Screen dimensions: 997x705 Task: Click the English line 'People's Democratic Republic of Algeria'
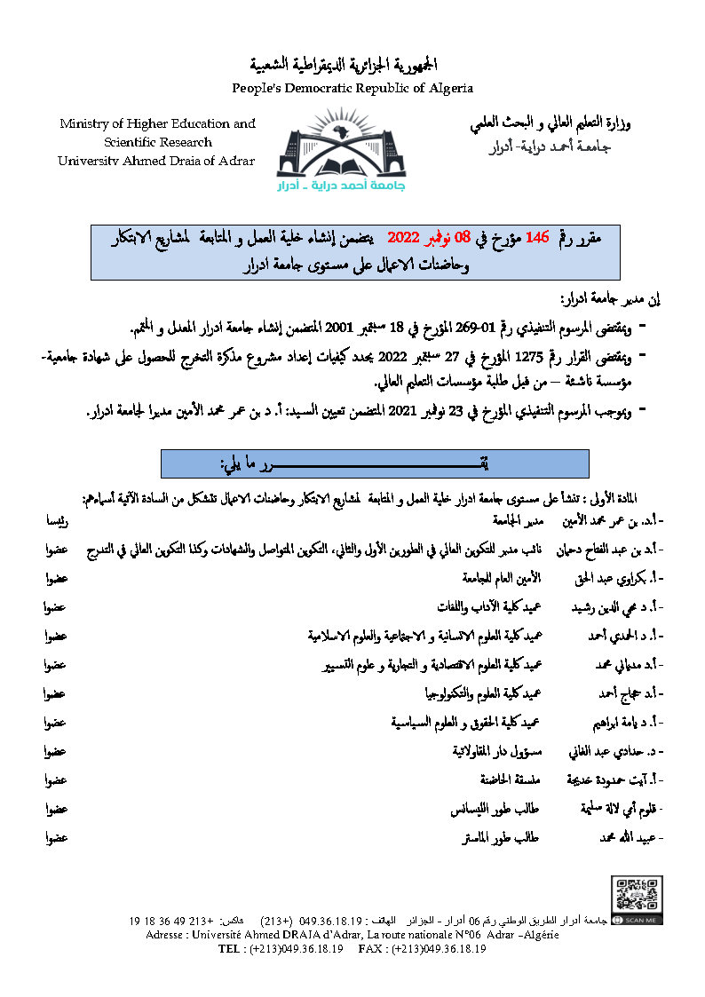[x=352, y=88]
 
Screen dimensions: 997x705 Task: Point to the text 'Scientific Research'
[x=157, y=142]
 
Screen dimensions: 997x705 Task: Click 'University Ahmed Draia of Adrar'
[x=156, y=161]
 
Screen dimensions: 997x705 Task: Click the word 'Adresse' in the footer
[x=168, y=936]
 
